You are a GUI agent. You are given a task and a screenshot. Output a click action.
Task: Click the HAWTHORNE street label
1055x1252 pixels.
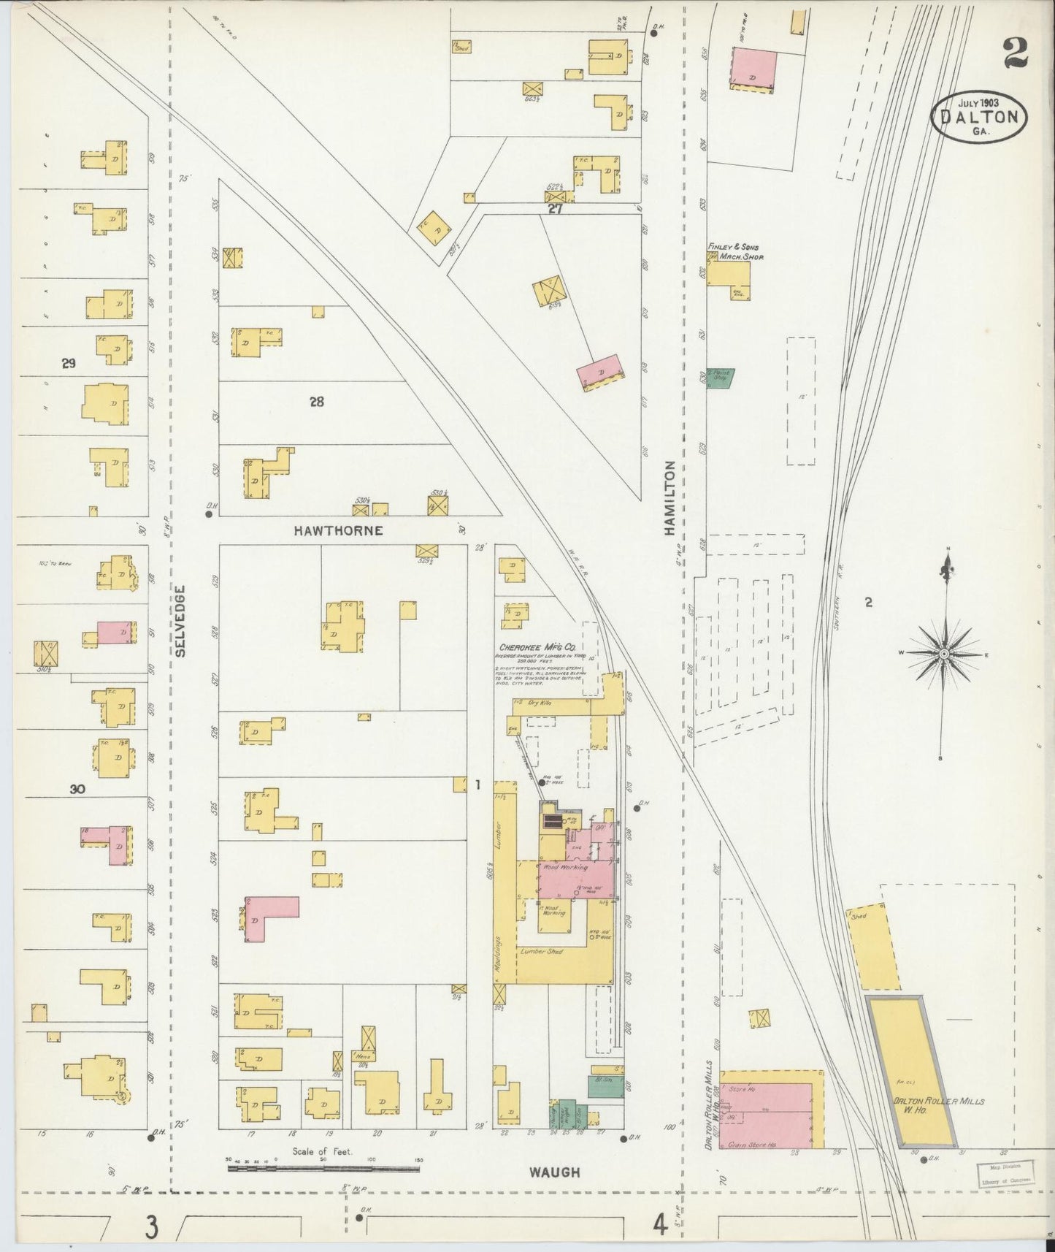338,530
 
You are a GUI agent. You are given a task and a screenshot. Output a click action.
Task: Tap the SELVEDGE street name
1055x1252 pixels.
181,621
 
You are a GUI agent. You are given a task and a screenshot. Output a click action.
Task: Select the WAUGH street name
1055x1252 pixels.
554,1172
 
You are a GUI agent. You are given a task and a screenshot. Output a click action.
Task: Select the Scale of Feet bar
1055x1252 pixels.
323,1168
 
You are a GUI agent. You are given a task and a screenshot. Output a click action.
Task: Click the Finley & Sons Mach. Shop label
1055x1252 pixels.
731,252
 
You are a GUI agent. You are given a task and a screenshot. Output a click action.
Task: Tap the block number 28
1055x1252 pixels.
316,401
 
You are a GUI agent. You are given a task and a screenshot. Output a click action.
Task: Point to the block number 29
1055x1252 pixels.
69,363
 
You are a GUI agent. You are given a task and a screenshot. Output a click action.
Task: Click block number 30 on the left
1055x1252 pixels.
78,789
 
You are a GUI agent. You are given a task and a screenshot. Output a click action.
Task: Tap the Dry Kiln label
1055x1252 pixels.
541,703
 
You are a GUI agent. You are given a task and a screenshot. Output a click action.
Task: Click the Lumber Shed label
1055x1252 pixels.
540,952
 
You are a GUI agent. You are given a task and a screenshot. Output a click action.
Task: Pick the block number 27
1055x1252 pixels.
556,210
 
